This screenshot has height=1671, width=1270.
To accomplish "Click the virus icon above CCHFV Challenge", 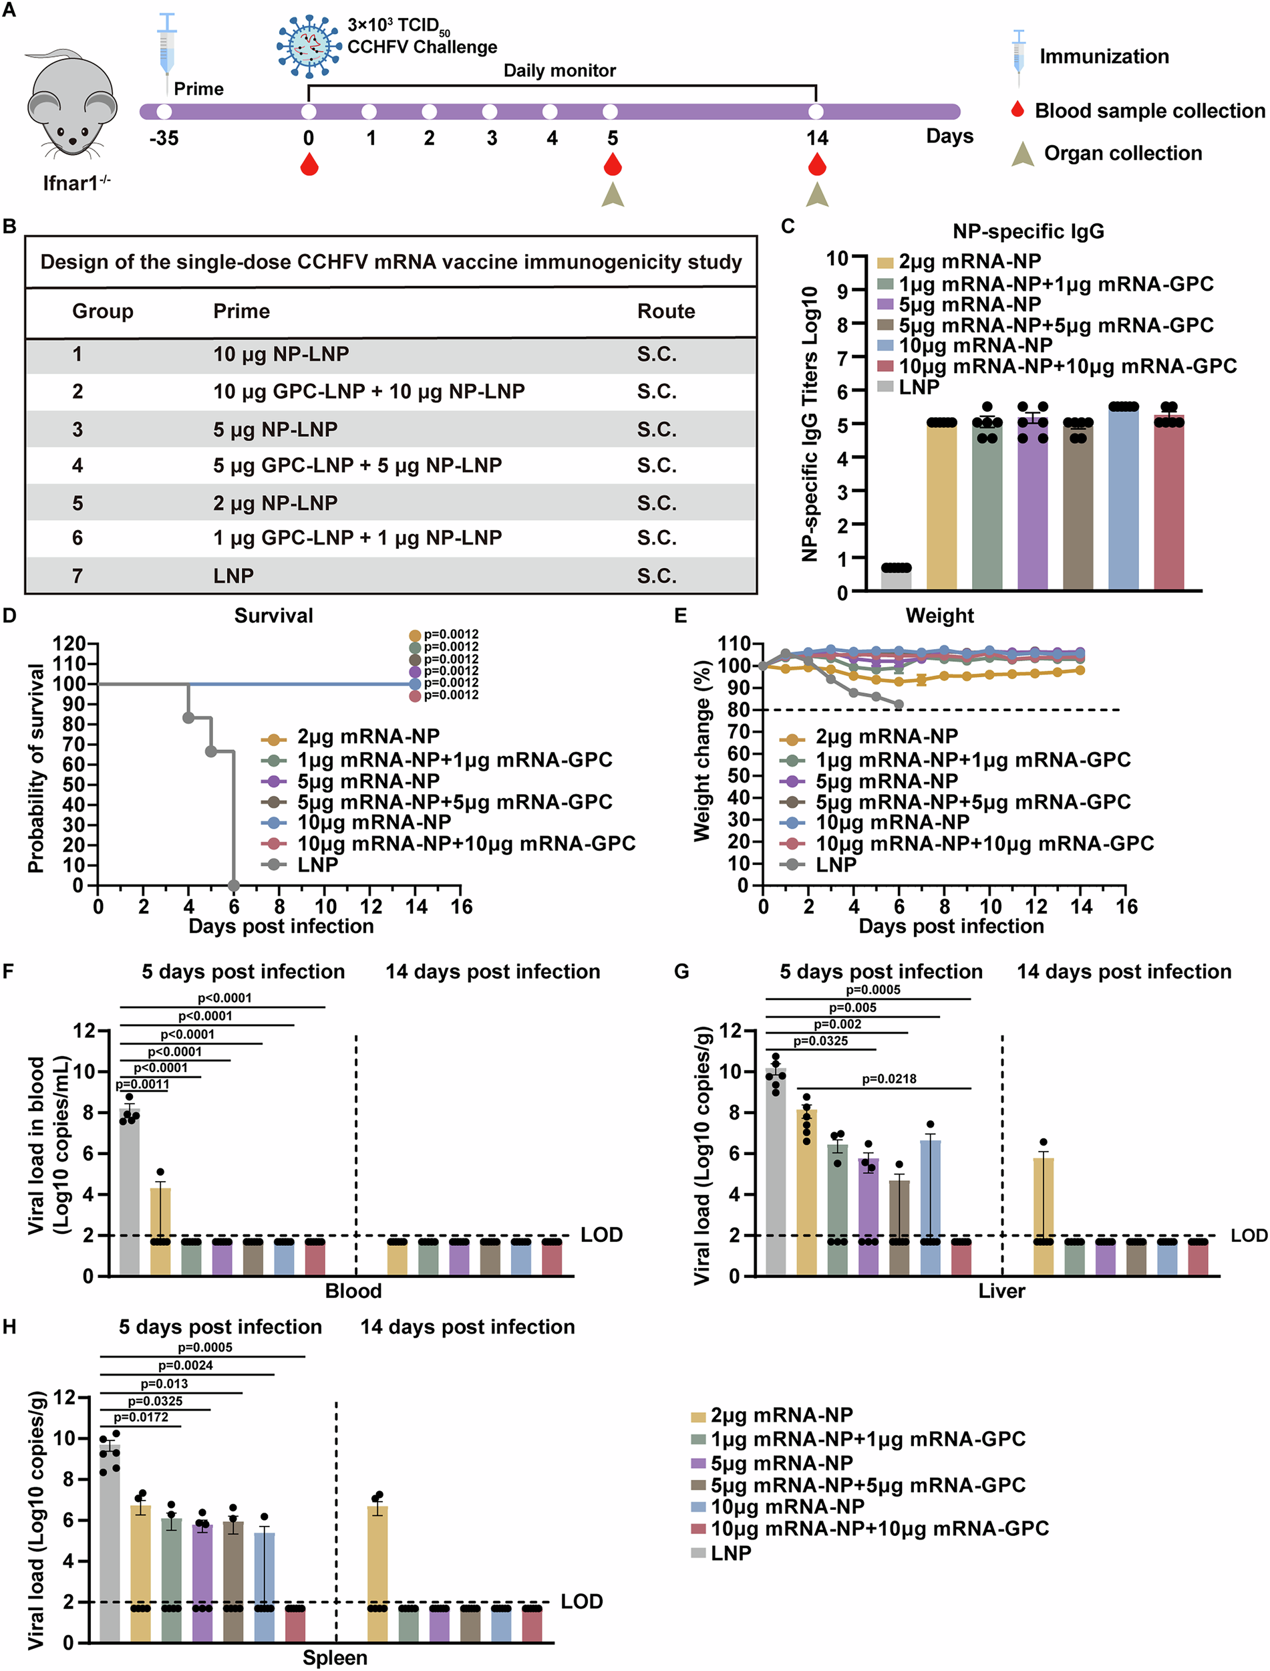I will click(x=308, y=45).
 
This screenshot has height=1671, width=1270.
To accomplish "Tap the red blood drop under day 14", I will click(x=816, y=165).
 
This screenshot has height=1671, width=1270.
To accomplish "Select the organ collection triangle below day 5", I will click(x=613, y=195).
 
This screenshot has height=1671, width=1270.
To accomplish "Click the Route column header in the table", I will click(x=665, y=311).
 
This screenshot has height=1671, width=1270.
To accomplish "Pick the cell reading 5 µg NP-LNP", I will click(x=275, y=430).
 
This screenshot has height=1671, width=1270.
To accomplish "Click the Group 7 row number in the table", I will click(x=77, y=576).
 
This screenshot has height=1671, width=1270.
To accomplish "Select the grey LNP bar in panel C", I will click(x=896, y=577).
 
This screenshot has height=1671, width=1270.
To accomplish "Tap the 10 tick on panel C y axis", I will click(x=838, y=258).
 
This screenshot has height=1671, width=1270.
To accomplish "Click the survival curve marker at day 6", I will click(x=234, y=886).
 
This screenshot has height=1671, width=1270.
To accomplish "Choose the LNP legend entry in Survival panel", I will click(x=317, y=864).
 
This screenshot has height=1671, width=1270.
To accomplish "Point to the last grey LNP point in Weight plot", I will click(x=899, y=704).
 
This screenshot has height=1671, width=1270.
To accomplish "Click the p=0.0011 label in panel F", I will click(x=142, y=1084).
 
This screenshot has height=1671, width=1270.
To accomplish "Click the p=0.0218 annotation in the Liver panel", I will click(x=889, y=1079).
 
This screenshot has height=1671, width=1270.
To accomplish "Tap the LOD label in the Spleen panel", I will click(x=581, y=1601).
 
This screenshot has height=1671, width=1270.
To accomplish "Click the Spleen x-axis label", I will click(x=335, y=1658).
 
